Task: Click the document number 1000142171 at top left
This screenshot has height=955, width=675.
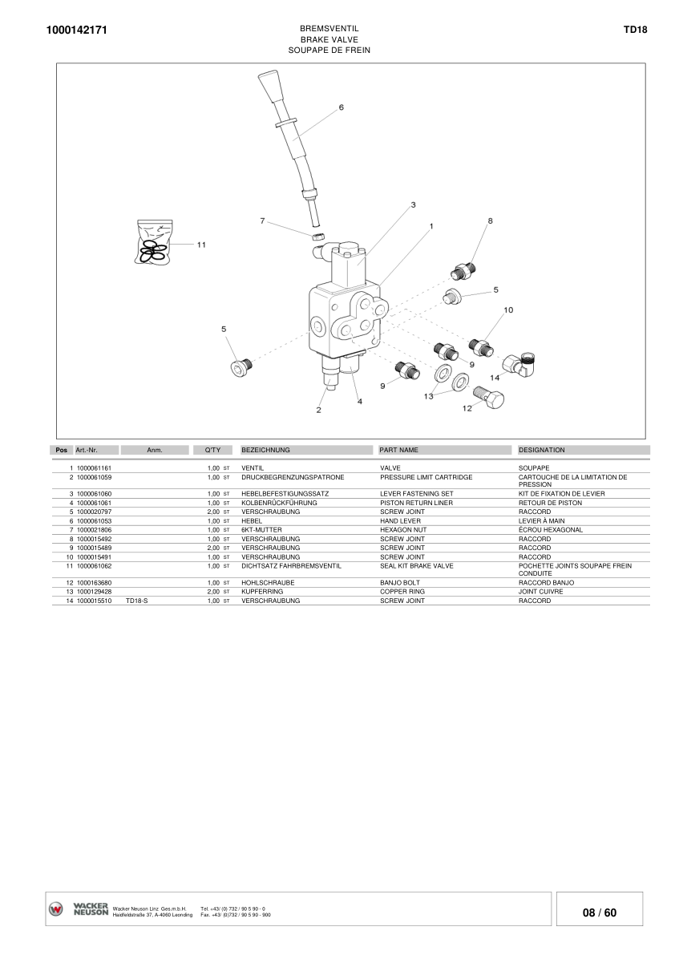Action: pos(78,30)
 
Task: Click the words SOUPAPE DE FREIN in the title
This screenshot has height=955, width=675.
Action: pos(329,50)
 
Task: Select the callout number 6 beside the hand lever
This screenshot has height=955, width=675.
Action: pos(341,107)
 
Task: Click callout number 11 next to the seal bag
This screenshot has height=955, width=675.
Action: pos(201,245)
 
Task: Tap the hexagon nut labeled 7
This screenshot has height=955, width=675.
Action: pos(317,237)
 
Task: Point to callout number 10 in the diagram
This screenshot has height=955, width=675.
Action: pos(508,310)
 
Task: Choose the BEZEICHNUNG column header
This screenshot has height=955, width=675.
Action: pos(265,451)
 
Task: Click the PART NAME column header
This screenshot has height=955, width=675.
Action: pos(398,451)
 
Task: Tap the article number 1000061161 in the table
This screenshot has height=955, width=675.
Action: pos(94,467)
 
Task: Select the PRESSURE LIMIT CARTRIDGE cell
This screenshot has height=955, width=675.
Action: pos(426,477)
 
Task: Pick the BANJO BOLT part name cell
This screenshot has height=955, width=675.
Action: pos(400,583)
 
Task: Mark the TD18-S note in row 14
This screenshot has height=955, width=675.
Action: pos(137,601)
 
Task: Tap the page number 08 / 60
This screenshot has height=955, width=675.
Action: pos(600,913)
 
